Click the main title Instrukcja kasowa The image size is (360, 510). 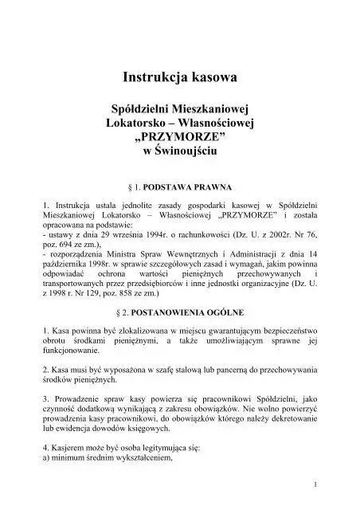click(x=179, y=77)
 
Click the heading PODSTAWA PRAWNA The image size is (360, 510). click(x=188, y=188)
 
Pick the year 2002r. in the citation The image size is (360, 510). click(x=281, y=237)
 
